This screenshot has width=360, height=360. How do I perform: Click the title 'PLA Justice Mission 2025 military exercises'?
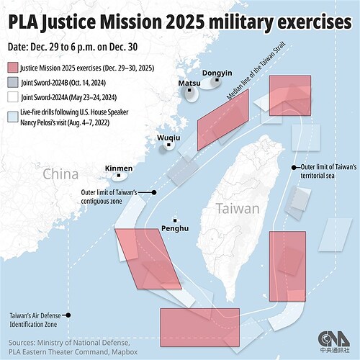(x=179, y=22)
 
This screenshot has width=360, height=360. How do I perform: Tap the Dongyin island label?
(x=216, y=73)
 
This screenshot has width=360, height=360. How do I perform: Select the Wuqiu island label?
(x=168, y=137)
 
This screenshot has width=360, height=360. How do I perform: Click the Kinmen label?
(x=118, y=168)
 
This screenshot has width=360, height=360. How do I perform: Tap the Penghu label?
(x=175, y=228)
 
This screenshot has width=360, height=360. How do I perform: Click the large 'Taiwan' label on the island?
(x=237, y=209)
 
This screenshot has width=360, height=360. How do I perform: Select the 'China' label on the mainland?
(x=60, y=174)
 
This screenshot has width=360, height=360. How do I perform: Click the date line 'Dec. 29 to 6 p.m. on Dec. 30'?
(x=72, y=47)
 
